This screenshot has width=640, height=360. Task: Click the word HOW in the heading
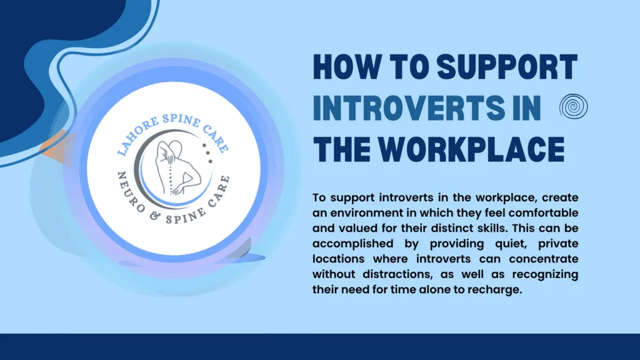[x=346, y=66]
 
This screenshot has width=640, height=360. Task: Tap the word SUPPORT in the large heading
[x=507, y=66]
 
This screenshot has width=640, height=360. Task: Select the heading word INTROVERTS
[x=409, y=107]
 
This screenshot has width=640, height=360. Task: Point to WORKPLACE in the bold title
[x=471, y=149]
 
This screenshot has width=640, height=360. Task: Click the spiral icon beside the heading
[x=574, y=106]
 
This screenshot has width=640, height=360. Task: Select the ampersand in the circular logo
[x=155, y=216]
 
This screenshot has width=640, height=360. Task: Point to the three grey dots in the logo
[x=207, y=153]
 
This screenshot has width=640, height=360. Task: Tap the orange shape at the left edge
[x=55, y=147]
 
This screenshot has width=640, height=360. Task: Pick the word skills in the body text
[x=492, y=228]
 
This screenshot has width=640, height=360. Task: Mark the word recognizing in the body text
[x=545, y=274]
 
